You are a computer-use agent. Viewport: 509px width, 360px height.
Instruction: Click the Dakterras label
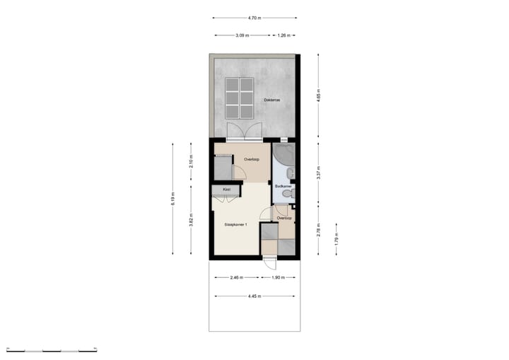(x=272, y=100)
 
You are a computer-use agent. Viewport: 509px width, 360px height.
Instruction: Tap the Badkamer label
(x=283, y=186)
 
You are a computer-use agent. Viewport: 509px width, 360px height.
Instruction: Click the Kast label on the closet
(x=227, y=190)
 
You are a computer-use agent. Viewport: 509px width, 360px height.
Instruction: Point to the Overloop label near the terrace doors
(x=252, y=159)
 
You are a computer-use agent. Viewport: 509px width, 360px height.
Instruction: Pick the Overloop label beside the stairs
(x=285, y=219)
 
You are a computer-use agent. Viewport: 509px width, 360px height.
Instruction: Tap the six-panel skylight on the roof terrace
(x=240, y=99)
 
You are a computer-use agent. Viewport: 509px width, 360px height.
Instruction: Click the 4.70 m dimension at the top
(x=255, y=18)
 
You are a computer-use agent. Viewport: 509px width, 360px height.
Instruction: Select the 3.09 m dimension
(x=242, y=35)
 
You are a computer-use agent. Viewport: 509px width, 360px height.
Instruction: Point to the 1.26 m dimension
(x=284, y=35)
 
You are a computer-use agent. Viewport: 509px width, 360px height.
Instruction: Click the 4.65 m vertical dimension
(x=319, y=96)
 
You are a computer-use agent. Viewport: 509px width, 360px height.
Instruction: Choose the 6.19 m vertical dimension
(x=173, y=201)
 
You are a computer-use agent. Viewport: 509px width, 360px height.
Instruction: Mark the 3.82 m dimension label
(x=191, y=220)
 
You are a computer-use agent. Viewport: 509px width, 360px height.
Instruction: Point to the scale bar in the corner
(x=51, y=349)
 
